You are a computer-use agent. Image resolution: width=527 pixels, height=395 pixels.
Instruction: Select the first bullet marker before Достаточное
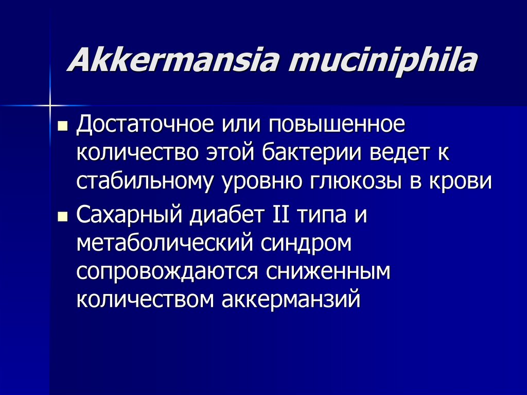click(x=63, y=127)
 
